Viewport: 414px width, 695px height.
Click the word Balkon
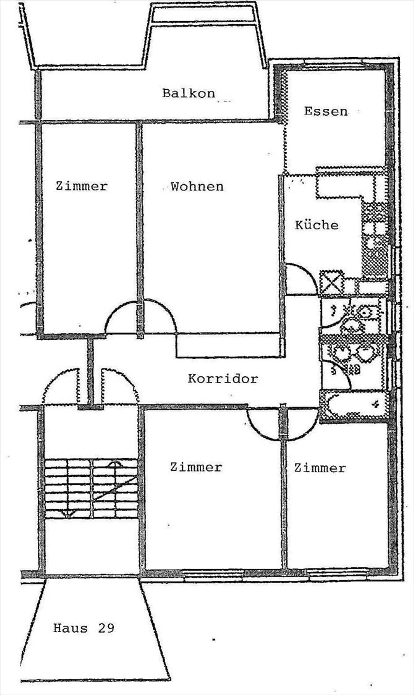[189, 93]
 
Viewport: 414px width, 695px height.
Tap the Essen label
[326, 111]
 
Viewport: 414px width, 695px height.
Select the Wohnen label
[197, 187]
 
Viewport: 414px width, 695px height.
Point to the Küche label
[317, 225]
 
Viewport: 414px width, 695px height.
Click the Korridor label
[223, 379]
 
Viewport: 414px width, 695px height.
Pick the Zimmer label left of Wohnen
[82, 186]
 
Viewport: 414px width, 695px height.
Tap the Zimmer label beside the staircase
[196, 467]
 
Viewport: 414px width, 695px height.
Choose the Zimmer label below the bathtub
[320, 468]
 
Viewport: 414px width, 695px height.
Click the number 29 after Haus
[106, 628]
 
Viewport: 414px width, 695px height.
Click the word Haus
[70, 628]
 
